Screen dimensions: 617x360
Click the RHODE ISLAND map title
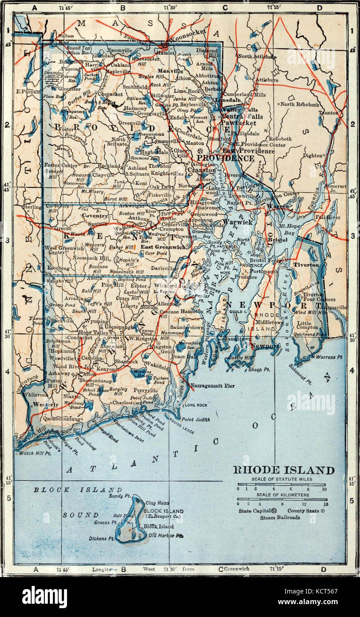pyautogui.click(x=284, y=470)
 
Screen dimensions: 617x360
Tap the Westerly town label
pyautogui.click(x=46, y=404)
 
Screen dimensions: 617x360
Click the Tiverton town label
pyautogui.click(x=306, y=265)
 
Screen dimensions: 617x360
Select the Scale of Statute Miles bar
pyautogui.click(x=281, y=485)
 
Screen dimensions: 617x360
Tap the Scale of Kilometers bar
pyautogui.click(x=281, y=499)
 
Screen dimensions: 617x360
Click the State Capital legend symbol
pyautogui.click(x=274, y=510)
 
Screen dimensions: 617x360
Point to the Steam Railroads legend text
pyautogui.click(x=280, y=517)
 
